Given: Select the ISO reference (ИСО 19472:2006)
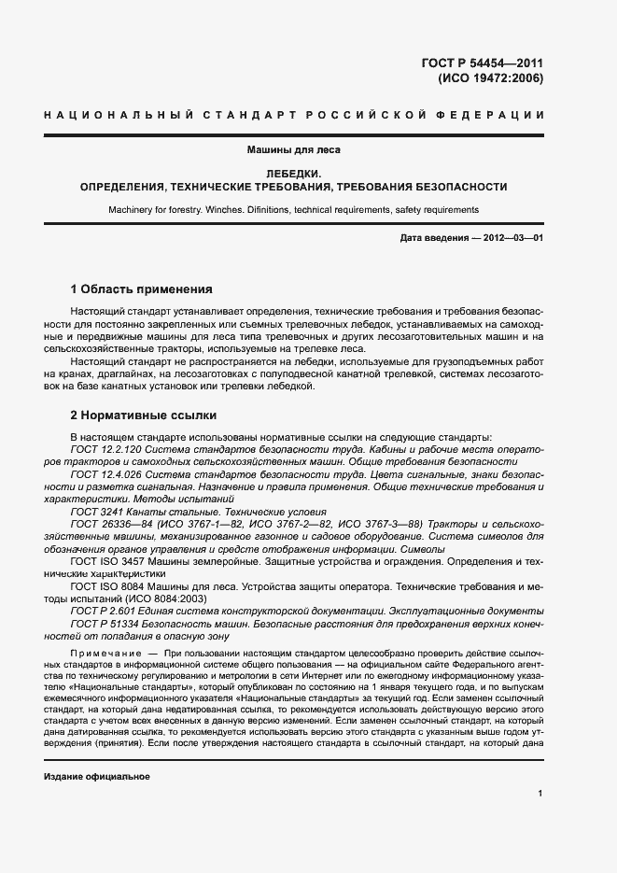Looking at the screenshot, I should click(490, 78).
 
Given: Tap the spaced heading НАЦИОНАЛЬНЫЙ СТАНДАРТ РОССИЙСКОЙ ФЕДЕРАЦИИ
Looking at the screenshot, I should click(294, 115).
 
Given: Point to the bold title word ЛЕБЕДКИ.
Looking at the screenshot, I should click(294, 174).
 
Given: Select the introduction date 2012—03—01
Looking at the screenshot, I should click(512, 238).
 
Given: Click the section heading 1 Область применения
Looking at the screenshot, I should click(141, 289).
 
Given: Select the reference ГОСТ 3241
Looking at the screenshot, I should click(91, 512).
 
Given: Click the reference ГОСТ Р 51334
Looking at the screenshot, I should click(101, 624).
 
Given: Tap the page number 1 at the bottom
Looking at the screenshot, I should click(540, 794).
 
